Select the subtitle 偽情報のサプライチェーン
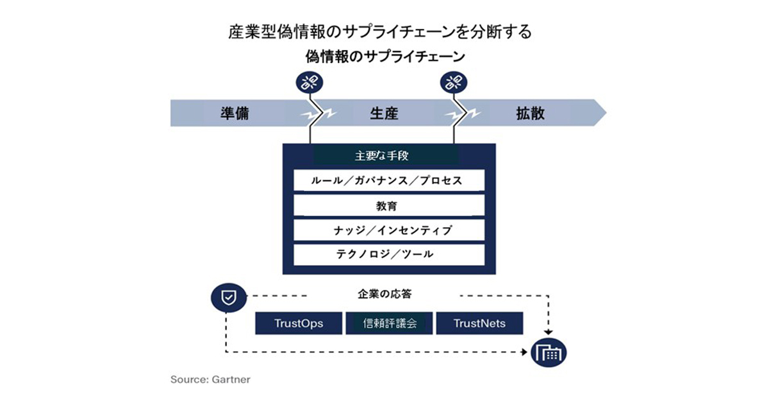click(385, 57)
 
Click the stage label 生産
click(384, 114)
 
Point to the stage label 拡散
click(530, 114)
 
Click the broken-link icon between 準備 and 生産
click(310, 82)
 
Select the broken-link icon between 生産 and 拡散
click(454, 82)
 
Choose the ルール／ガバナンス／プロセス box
click(389, 180)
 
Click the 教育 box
click(389, 205)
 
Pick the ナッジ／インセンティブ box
click(389, 230)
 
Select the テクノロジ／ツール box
click(389, 254)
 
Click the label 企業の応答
click(384, 295)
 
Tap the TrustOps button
click(299, 323)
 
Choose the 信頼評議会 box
click(390, 323)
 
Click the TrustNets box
click(479, 323)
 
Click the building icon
click(549, 352)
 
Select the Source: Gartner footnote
click(210, 379)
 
